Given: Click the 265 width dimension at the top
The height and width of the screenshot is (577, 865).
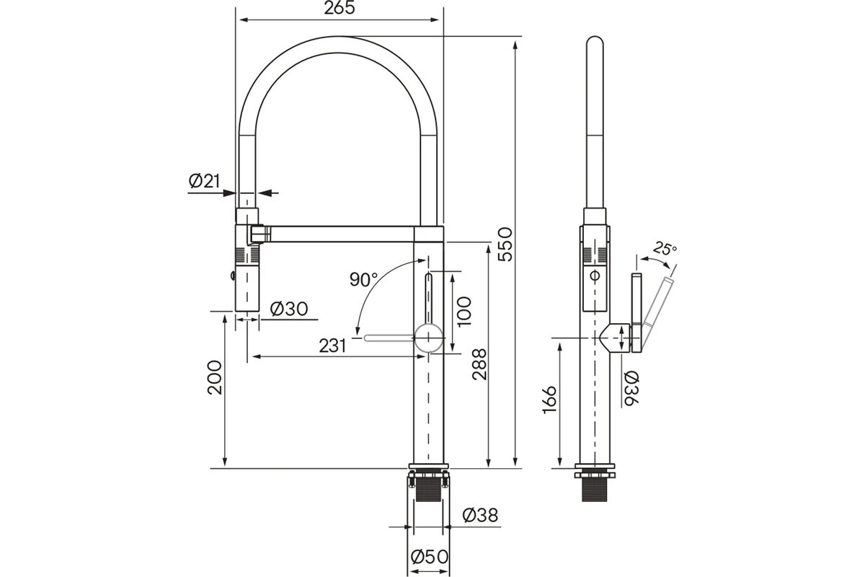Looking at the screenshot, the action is [340, 8].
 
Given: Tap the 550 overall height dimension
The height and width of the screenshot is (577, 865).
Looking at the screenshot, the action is [505, 245].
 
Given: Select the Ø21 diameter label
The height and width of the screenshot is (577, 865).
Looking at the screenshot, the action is [204, 181].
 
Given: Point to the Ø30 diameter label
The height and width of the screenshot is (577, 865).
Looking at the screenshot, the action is [289, 309].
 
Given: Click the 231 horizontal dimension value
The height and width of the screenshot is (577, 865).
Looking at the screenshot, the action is [332, 346].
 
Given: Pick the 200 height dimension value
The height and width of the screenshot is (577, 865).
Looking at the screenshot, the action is [215, 378].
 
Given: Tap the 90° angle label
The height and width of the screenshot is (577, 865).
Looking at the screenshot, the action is [364, 279].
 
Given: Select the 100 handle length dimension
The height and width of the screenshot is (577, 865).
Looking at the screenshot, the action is [464, 312].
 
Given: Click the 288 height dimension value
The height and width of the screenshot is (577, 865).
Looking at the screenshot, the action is [480, 364].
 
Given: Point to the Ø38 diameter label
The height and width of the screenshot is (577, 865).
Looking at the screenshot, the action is [480, 515].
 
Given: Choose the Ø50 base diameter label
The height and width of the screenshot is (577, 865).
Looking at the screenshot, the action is [430, 557].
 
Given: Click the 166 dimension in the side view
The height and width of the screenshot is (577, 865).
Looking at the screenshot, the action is [550, 400].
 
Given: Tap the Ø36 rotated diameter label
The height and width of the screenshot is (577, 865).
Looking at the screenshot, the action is [631, 389].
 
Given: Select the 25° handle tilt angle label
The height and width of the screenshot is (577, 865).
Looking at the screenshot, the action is [665, 249].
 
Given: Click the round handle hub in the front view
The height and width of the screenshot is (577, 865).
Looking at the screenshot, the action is [429, 338].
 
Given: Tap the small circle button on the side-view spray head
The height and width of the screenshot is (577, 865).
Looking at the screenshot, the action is [595, 276].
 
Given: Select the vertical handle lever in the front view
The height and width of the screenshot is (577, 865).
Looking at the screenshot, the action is [429, 299].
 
